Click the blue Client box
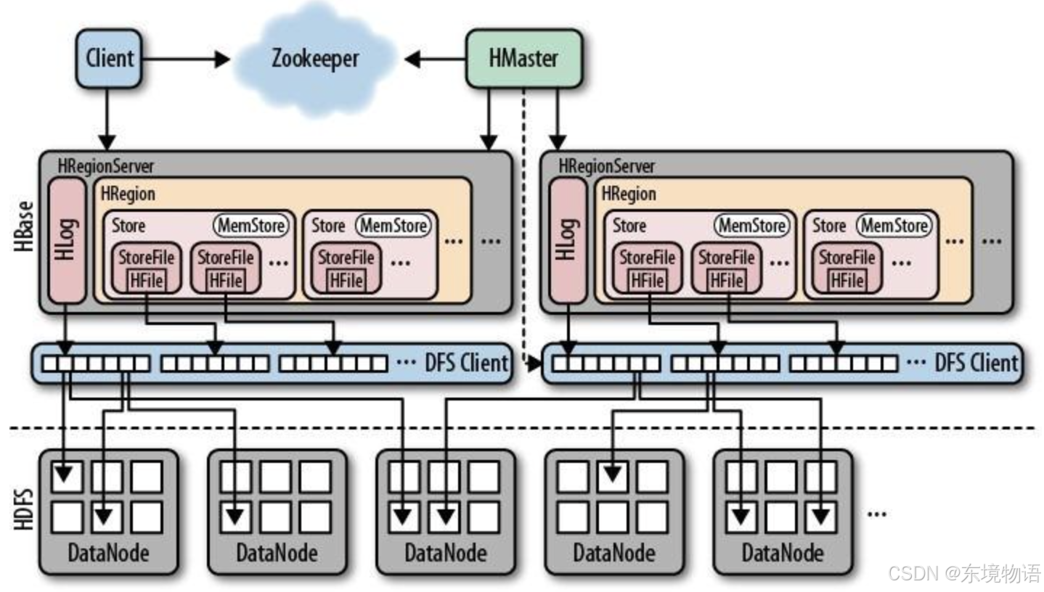(109, 58)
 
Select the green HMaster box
(523, 58)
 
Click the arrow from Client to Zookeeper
(185, 59)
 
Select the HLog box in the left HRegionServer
(67, 239)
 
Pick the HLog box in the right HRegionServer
(567, 239)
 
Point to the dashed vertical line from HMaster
(523, 218)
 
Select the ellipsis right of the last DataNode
(876, 512)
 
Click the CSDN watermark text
(964, 573)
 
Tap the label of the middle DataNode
(445, 554)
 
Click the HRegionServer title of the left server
(106, 165)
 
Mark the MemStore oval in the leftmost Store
(251, 226)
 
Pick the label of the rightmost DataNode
(782, 554)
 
